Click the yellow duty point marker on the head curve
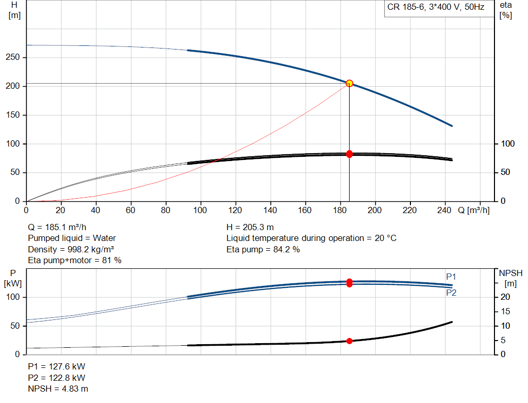[349, 83]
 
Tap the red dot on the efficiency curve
[349, 154]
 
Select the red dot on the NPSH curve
[349, 341]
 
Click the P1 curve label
[451, 277]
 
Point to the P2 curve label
[451, 293]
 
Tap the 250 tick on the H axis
[13, 57]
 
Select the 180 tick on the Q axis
[339, 210]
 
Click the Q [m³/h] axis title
[473, 210]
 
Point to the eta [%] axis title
[506, 10]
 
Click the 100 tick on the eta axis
[508, 143]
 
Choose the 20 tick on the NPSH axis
[505, 297]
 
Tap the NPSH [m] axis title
[510, 278]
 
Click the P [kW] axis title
[13, 278]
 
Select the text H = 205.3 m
[250, 227]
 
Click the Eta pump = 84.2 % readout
[263, 249]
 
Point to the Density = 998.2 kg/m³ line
[71, 249]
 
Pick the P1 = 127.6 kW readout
[57, 366]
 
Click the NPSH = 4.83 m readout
[58, 389]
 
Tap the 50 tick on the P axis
[15, 326]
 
